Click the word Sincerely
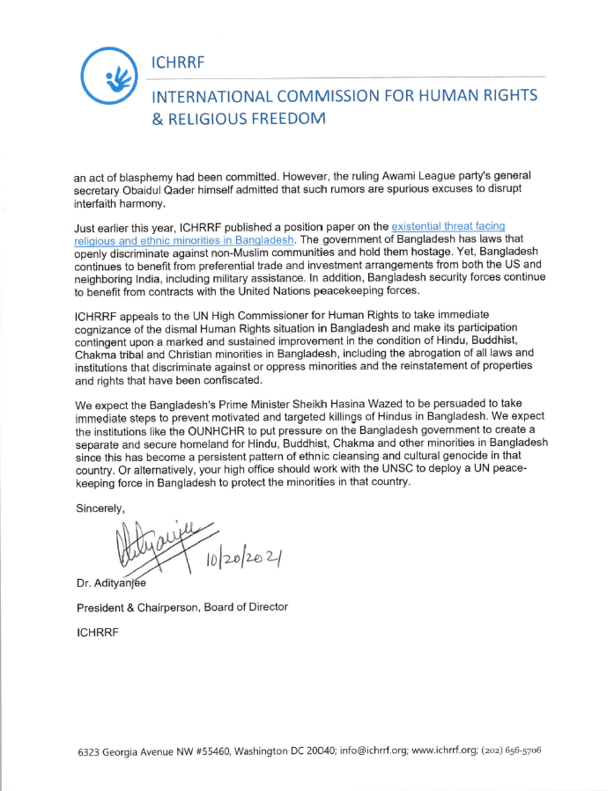pos(100,509)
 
